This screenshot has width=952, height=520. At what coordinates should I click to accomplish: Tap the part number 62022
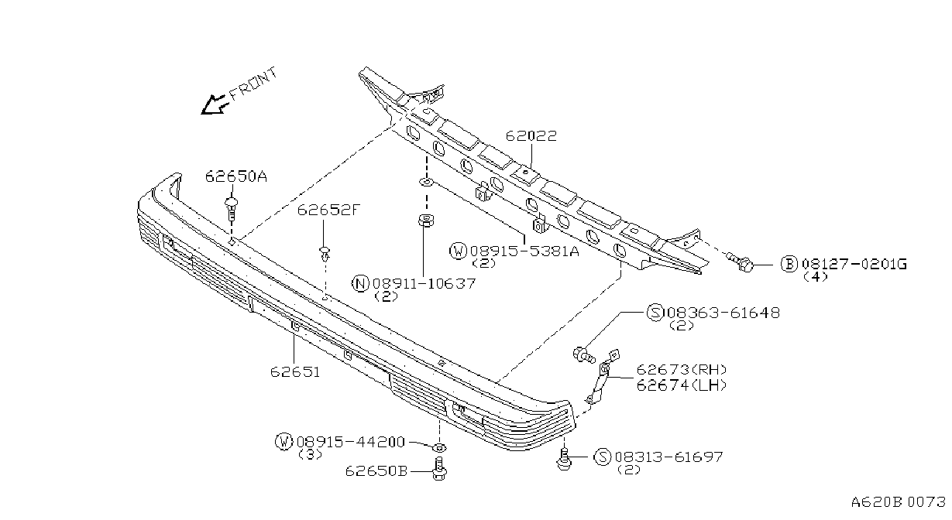tap(531, 136)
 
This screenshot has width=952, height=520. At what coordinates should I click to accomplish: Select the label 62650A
tap(236, 176)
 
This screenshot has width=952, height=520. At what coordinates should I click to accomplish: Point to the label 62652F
tap(328, 210)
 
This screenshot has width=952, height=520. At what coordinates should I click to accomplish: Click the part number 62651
tap(294, 372)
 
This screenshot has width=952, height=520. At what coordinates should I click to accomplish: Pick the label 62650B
tap(376, 470)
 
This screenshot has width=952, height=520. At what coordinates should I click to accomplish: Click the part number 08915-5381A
tap(524, 251)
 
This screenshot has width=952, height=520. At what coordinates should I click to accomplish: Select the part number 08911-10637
tap(424, 283)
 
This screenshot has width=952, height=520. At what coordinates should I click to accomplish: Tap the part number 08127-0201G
tap(854, 264)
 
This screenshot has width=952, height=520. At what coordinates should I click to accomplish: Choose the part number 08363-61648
tap(723, 313)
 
